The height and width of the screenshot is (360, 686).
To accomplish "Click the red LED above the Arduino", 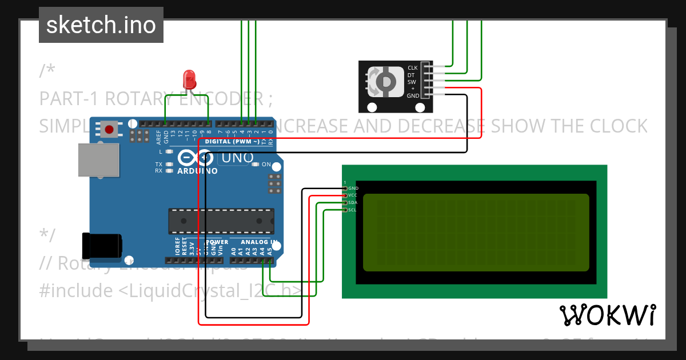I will (x=189, y=79).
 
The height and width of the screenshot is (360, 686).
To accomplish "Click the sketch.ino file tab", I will (x=101, y=25).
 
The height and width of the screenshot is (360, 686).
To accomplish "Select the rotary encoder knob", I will (x=385, y=82).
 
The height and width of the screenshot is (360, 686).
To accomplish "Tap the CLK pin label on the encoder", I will (x=412, y=68).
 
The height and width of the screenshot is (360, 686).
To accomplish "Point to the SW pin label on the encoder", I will (x=412, y=82).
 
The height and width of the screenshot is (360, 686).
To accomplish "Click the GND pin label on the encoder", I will (x=413, y=96).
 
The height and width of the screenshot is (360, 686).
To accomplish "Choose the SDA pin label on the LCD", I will (x=353, y=203).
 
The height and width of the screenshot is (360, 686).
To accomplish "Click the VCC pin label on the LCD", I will (x=353, y=195).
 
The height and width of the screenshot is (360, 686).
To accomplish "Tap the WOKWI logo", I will (x=607, y=315).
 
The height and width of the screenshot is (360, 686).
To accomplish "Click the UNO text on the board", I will (x=233, y=158).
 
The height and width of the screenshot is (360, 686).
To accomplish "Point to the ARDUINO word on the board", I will (x=197, y=171).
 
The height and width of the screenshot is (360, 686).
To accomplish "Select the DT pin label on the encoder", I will (x=411, y=75).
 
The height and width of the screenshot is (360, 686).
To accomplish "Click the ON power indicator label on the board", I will (x=266, y=165).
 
